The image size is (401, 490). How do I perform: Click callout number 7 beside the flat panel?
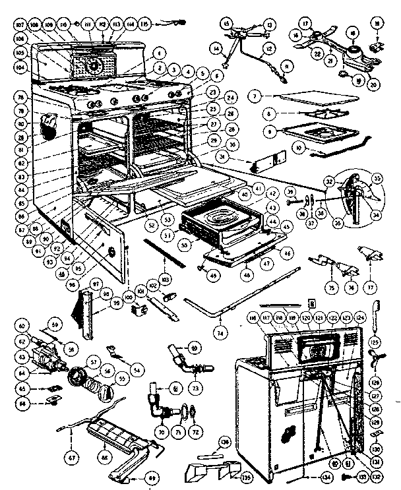tap(253, 97)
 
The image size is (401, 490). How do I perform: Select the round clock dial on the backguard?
tap(94, 65)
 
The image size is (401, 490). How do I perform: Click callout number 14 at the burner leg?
tap(216, 47)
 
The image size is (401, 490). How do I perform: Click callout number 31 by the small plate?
tap(241, 156)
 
